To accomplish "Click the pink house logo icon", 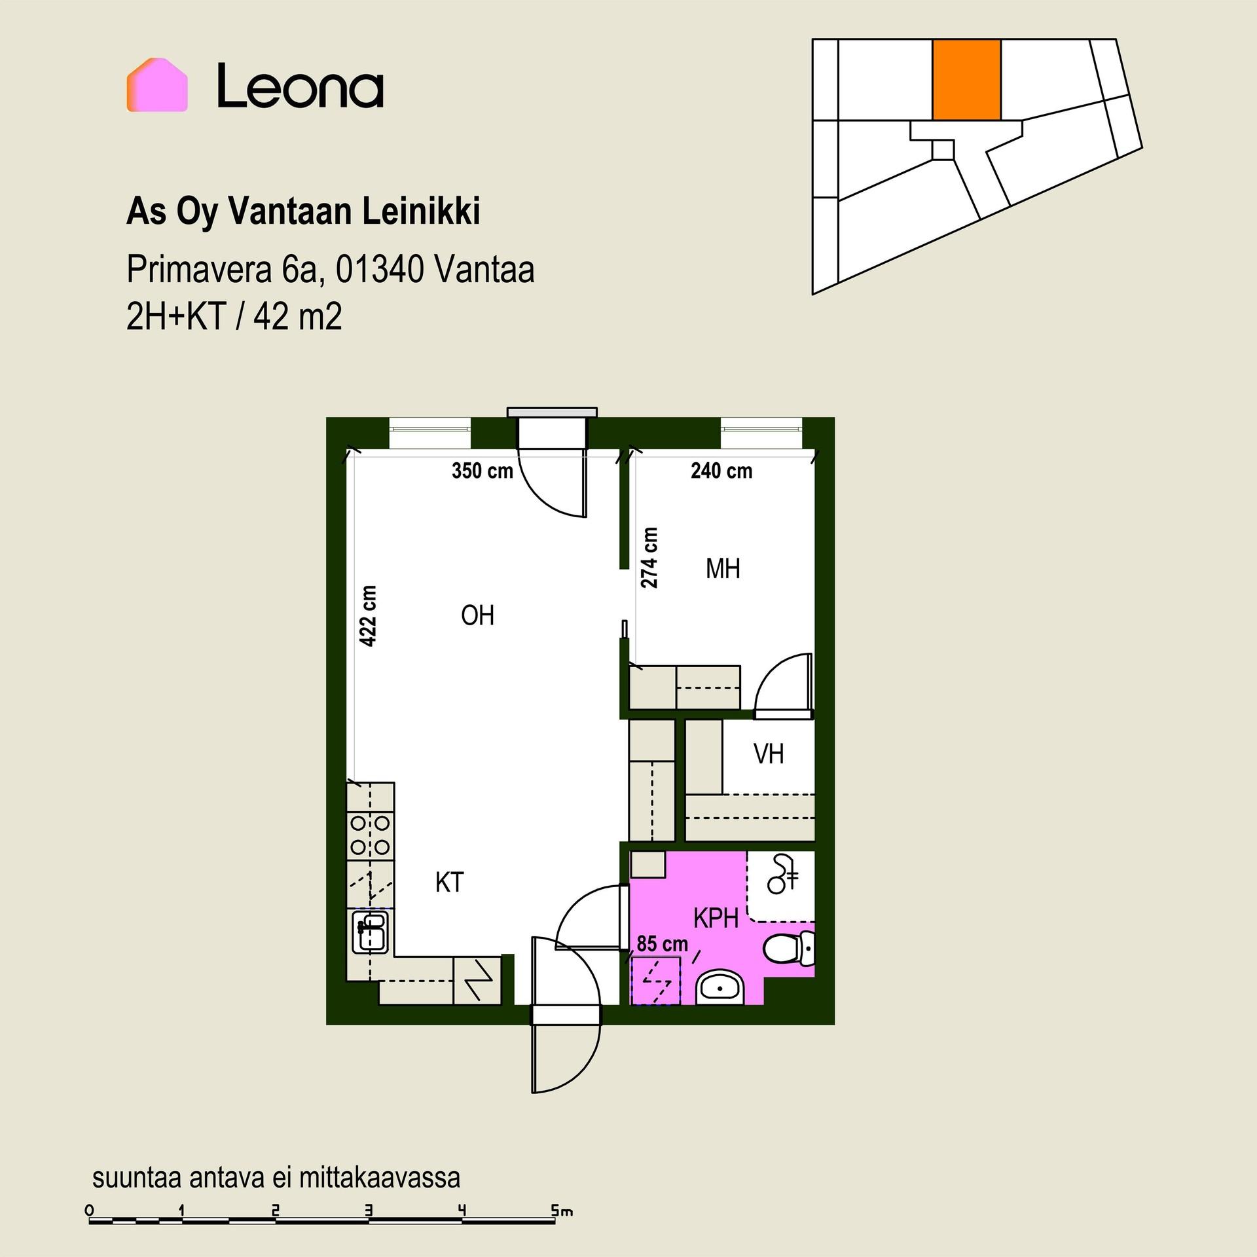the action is [157, 84].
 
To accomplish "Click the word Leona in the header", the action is [301, 85].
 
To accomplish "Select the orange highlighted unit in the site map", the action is [966, 79].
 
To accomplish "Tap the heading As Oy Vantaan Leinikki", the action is [303, 211].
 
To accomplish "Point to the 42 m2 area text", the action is [298, 318].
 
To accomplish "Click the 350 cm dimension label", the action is [483, 471].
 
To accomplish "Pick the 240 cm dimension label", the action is [721, 471].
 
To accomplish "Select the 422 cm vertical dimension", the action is [369, 616].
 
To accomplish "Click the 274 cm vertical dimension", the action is [649, 558].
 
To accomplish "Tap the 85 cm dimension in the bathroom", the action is [663, 943].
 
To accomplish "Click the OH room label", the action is [477, 615].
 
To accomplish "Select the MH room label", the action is [723, 569].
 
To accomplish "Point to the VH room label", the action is [769, 754].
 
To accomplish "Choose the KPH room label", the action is [716, 919].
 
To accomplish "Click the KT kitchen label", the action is [450, 883].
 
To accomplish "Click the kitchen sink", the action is [371, 932].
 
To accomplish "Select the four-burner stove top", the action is [371, 835].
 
